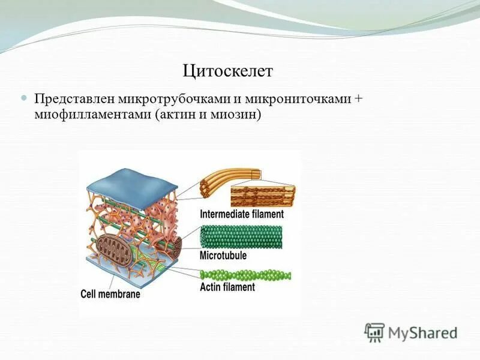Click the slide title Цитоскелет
coord(227,71)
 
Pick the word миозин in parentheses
coord(235,114)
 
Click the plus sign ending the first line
coord(358,99)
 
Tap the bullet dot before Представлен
coord(25,97)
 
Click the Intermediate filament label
coord(241,214)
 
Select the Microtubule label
coord(223,255)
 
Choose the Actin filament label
coord(227,287)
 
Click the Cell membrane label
coord(110,295)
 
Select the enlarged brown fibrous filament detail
coord(263,196)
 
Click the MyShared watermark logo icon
coord(374,332)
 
